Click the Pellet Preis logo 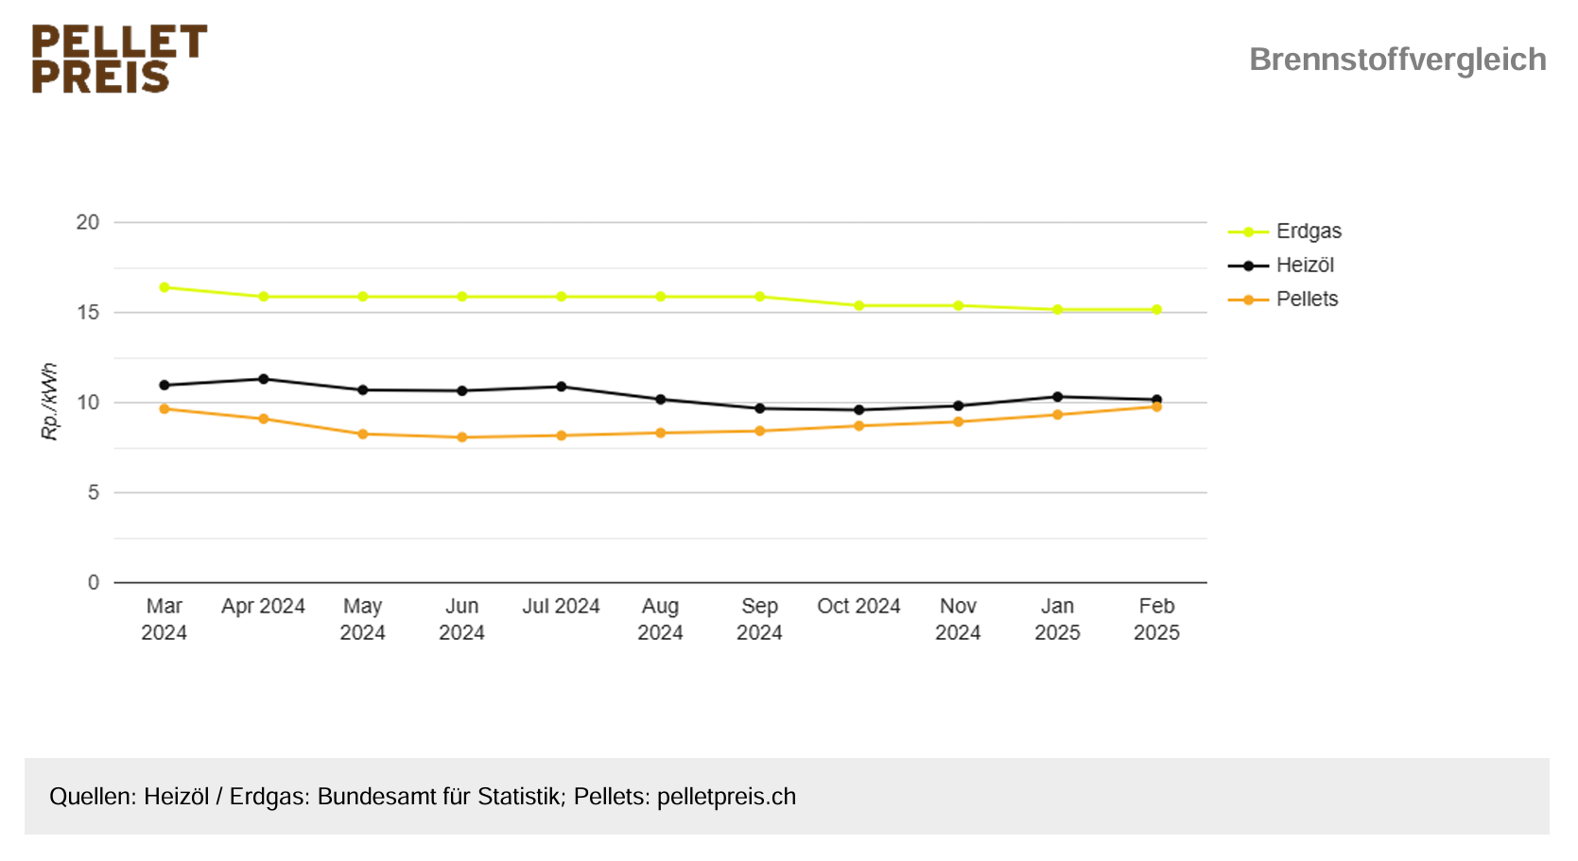coord(119,59)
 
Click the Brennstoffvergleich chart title coord(1396,60)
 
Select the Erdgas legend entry coord(1308,232)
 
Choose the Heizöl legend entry coord(1304,266)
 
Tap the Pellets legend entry coord(1306,300)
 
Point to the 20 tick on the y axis coord(88,223)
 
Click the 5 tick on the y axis coord(93,492)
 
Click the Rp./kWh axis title coord(49,402)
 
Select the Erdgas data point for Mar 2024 coord(165,287)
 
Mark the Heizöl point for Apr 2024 coord(264,379)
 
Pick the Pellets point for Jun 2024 coord(462,438)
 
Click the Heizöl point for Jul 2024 coord(562,387)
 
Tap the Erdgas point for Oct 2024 coord(859,306)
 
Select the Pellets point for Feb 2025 coord(1156,406)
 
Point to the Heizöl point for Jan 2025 coord(1057,397)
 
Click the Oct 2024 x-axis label coord(858,607)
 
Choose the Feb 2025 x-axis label coord(1156,619)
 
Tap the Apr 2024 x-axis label coord(263,607)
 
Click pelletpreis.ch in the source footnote coord(726,797)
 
